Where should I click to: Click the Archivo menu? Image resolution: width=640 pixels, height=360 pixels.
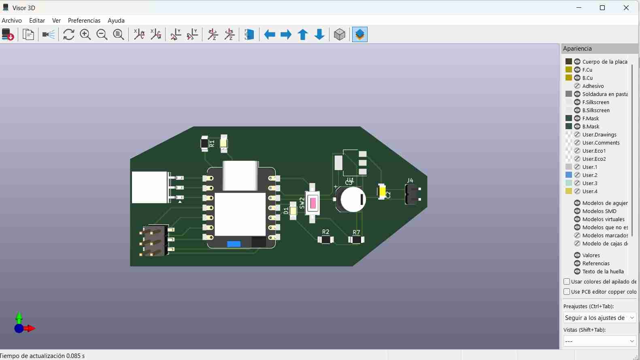[12, 21]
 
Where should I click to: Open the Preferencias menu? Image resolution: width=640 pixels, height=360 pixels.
[84, 21]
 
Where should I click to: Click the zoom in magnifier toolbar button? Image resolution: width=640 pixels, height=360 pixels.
[85, 35]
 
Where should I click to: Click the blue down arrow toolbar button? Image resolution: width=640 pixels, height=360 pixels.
[319, 35]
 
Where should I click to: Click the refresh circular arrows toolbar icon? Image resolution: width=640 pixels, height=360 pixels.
[69, 35]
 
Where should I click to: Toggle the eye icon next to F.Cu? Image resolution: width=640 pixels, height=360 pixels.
[577, 70]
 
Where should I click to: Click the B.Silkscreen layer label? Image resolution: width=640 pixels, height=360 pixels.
[596, 110]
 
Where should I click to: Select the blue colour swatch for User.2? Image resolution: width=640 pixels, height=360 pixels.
[569, 175]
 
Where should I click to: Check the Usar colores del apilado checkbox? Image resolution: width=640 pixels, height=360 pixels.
[567, 281]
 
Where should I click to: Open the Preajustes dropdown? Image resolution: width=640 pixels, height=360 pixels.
[600, 318]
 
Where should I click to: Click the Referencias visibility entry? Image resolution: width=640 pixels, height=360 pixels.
[596, 263]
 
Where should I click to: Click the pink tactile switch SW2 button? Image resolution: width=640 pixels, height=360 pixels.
[313, 203]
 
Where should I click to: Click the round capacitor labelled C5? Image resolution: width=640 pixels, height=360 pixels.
[352, 199]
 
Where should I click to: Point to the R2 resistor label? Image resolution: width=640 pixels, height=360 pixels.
[325, 232]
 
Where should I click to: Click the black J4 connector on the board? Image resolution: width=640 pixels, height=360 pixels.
[412, 194]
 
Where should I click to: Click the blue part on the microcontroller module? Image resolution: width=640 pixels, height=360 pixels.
[234, 244]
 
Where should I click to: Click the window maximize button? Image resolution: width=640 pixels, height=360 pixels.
[602, 8]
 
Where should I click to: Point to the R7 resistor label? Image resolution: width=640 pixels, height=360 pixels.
[356, 232]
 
